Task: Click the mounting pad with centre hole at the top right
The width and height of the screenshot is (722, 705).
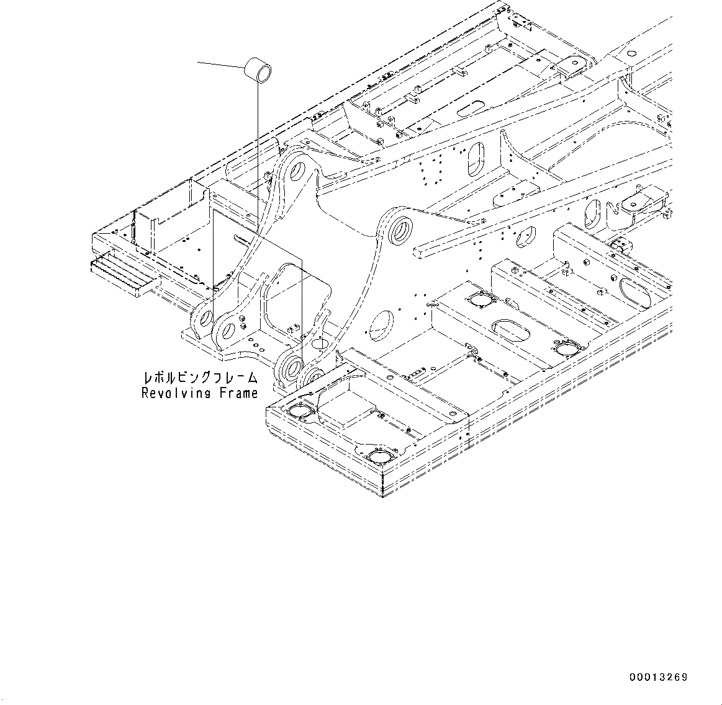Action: [x=572, y=65]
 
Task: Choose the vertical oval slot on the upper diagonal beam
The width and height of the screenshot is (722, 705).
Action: [x=476, y=159]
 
